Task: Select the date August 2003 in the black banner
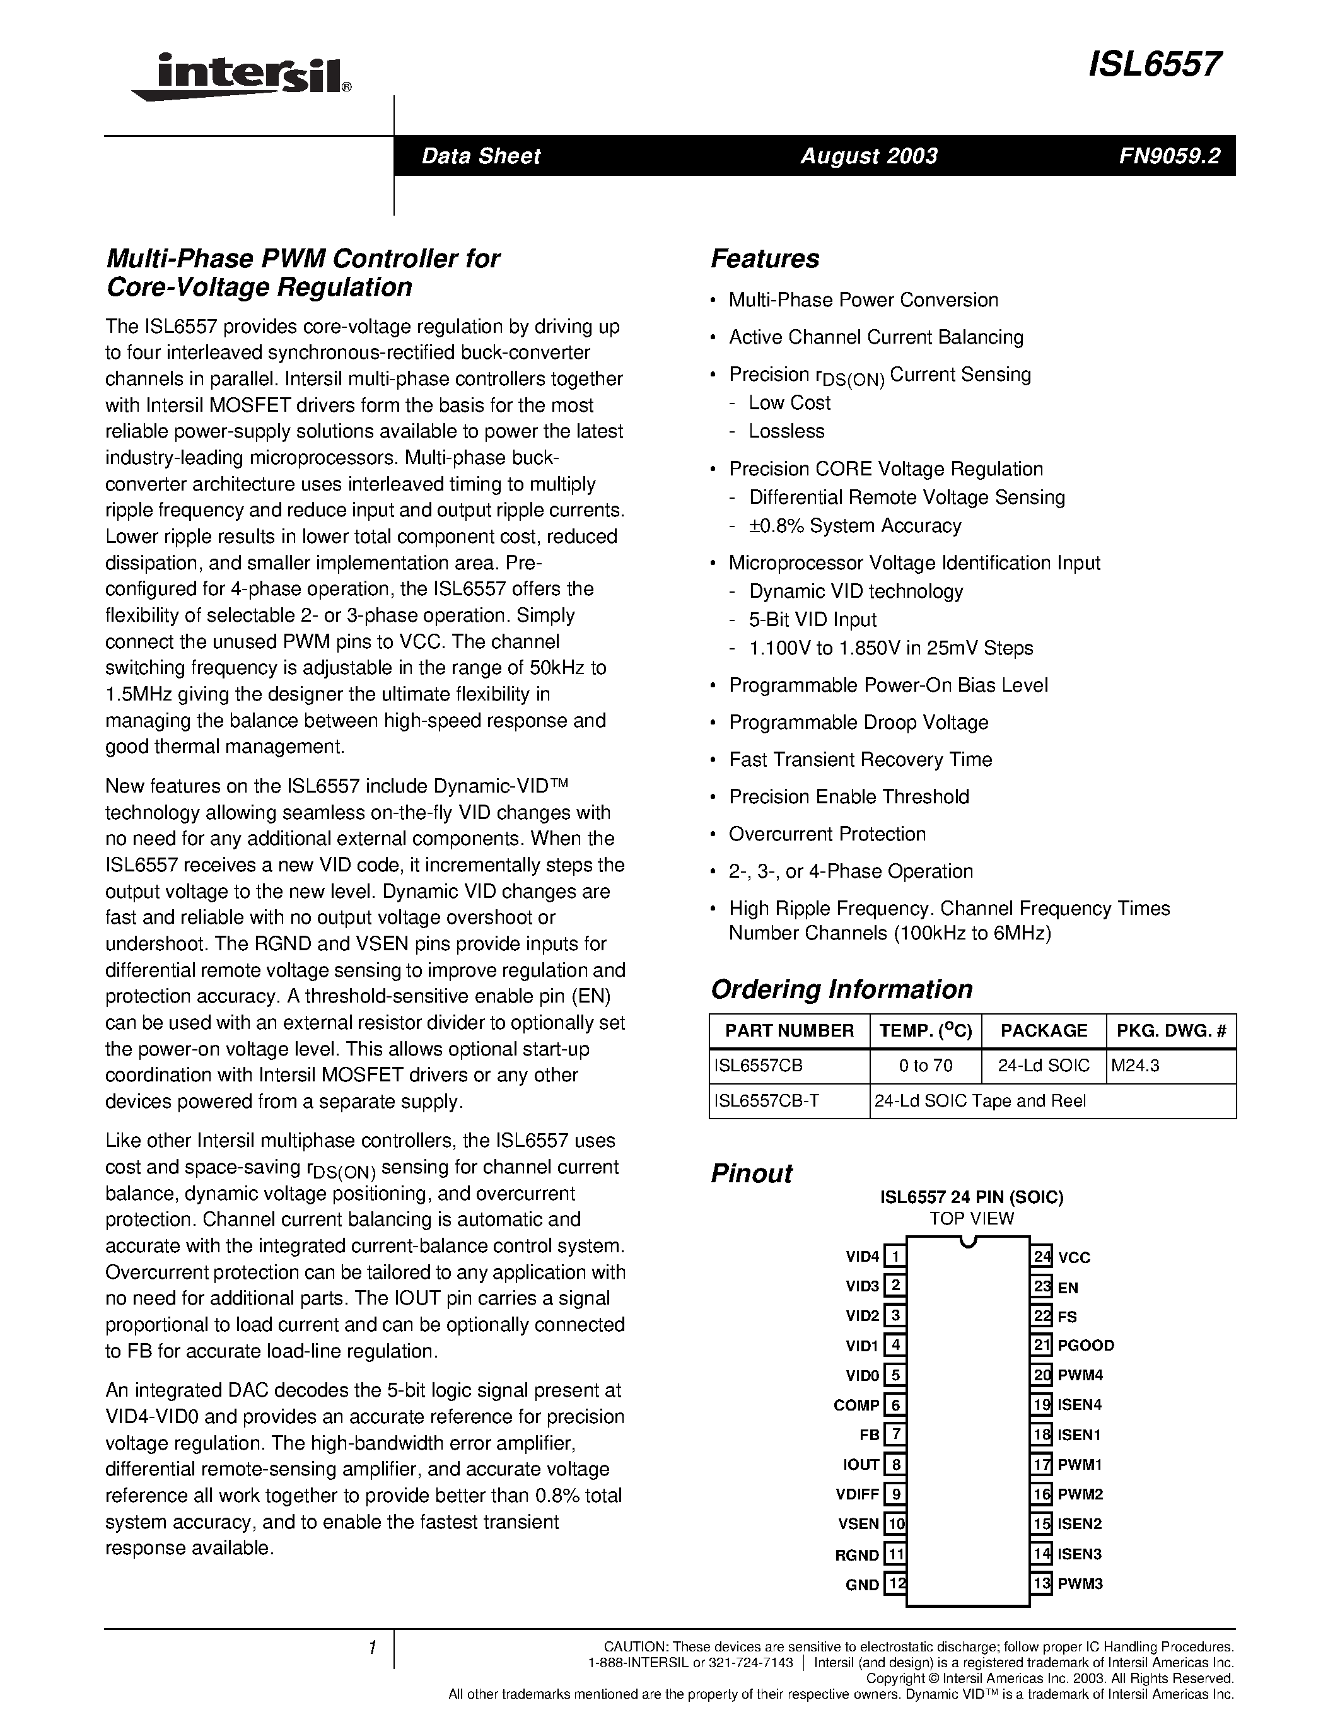point(868,156)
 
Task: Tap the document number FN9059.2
point(1169,156)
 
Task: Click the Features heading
point(764,259)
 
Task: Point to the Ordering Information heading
point(841,989)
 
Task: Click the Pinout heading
point(751,1173)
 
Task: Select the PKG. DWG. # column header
point(1171,1030)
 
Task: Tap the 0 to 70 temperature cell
point(926,1066)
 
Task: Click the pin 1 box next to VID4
point(895,1256)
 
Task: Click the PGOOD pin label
point(1085,1345)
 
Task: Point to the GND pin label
point(862,1585)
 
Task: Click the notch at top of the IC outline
point(968,1242)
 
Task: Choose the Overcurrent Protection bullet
point(827,834)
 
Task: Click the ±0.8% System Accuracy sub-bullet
point(854,526)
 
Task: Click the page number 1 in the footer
point(371,1649)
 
